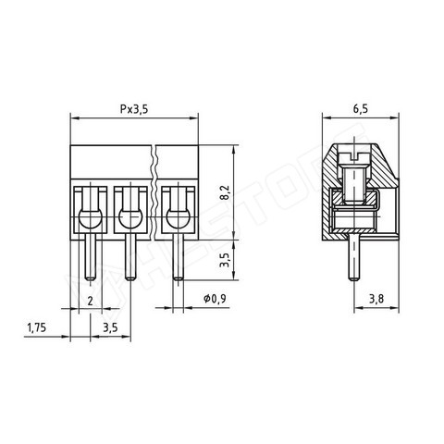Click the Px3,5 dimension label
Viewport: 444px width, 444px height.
[x=134, y=109]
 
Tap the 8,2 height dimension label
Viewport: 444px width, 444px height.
[x=226, y=192]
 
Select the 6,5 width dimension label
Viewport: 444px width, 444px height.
[x=361, y=109]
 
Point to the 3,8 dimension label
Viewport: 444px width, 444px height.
[x=376, y=299]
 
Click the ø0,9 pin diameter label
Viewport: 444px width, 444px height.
[x=215, y=299]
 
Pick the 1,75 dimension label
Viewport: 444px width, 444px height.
[x=37, y=327]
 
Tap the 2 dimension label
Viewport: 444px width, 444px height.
[x=90, y=301]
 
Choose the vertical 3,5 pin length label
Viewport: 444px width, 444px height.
[x=226, y=260]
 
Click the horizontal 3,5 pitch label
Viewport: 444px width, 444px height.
[x=110, y=327]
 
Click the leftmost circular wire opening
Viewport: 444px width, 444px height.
[x=91, y=218]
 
